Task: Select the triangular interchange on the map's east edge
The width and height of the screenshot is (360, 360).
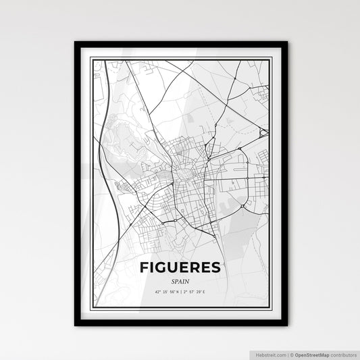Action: point(264,133)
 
